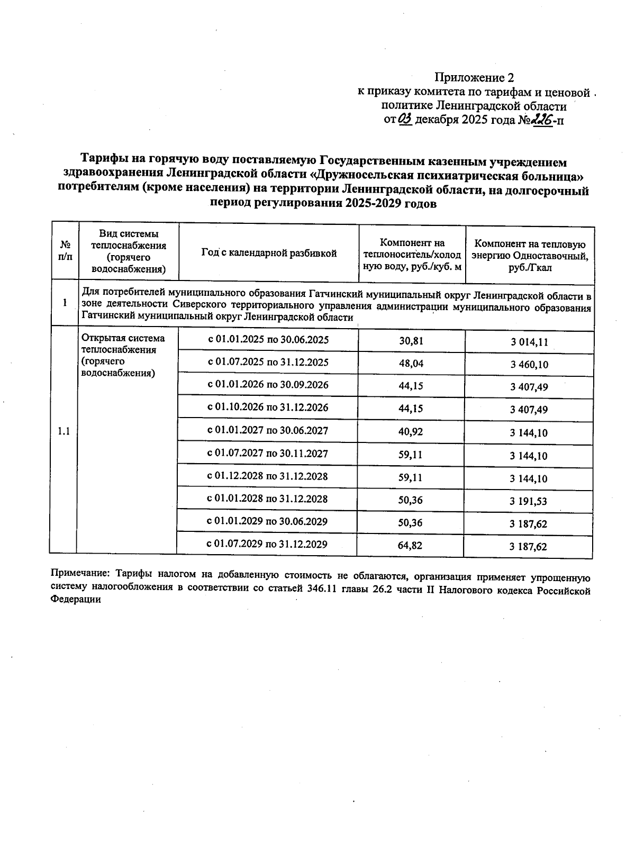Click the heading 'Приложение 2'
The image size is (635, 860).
coord(474,78)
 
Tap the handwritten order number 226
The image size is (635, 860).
coord(542,120)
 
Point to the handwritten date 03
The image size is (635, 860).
coord(405,120)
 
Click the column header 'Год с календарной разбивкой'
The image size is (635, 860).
coord(269,254)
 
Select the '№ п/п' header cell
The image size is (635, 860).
coord(65,251)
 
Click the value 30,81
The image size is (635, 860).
coord(411,341)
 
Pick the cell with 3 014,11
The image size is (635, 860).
coord(529,342)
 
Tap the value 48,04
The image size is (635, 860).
coord(411,364)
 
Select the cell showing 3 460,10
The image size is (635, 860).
coord(529,365)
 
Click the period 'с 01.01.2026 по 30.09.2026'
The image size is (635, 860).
coord(268,385)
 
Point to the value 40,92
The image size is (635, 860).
coord(411,432)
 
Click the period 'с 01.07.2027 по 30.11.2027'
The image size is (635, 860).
coord(268,454)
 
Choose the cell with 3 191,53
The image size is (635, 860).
coord(529,501)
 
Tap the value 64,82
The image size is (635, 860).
coord(411,545)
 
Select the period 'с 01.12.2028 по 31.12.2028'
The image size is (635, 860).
coord(268,476)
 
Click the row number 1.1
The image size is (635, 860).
coord(63,431)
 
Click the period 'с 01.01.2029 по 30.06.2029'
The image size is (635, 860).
coord(268,521)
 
